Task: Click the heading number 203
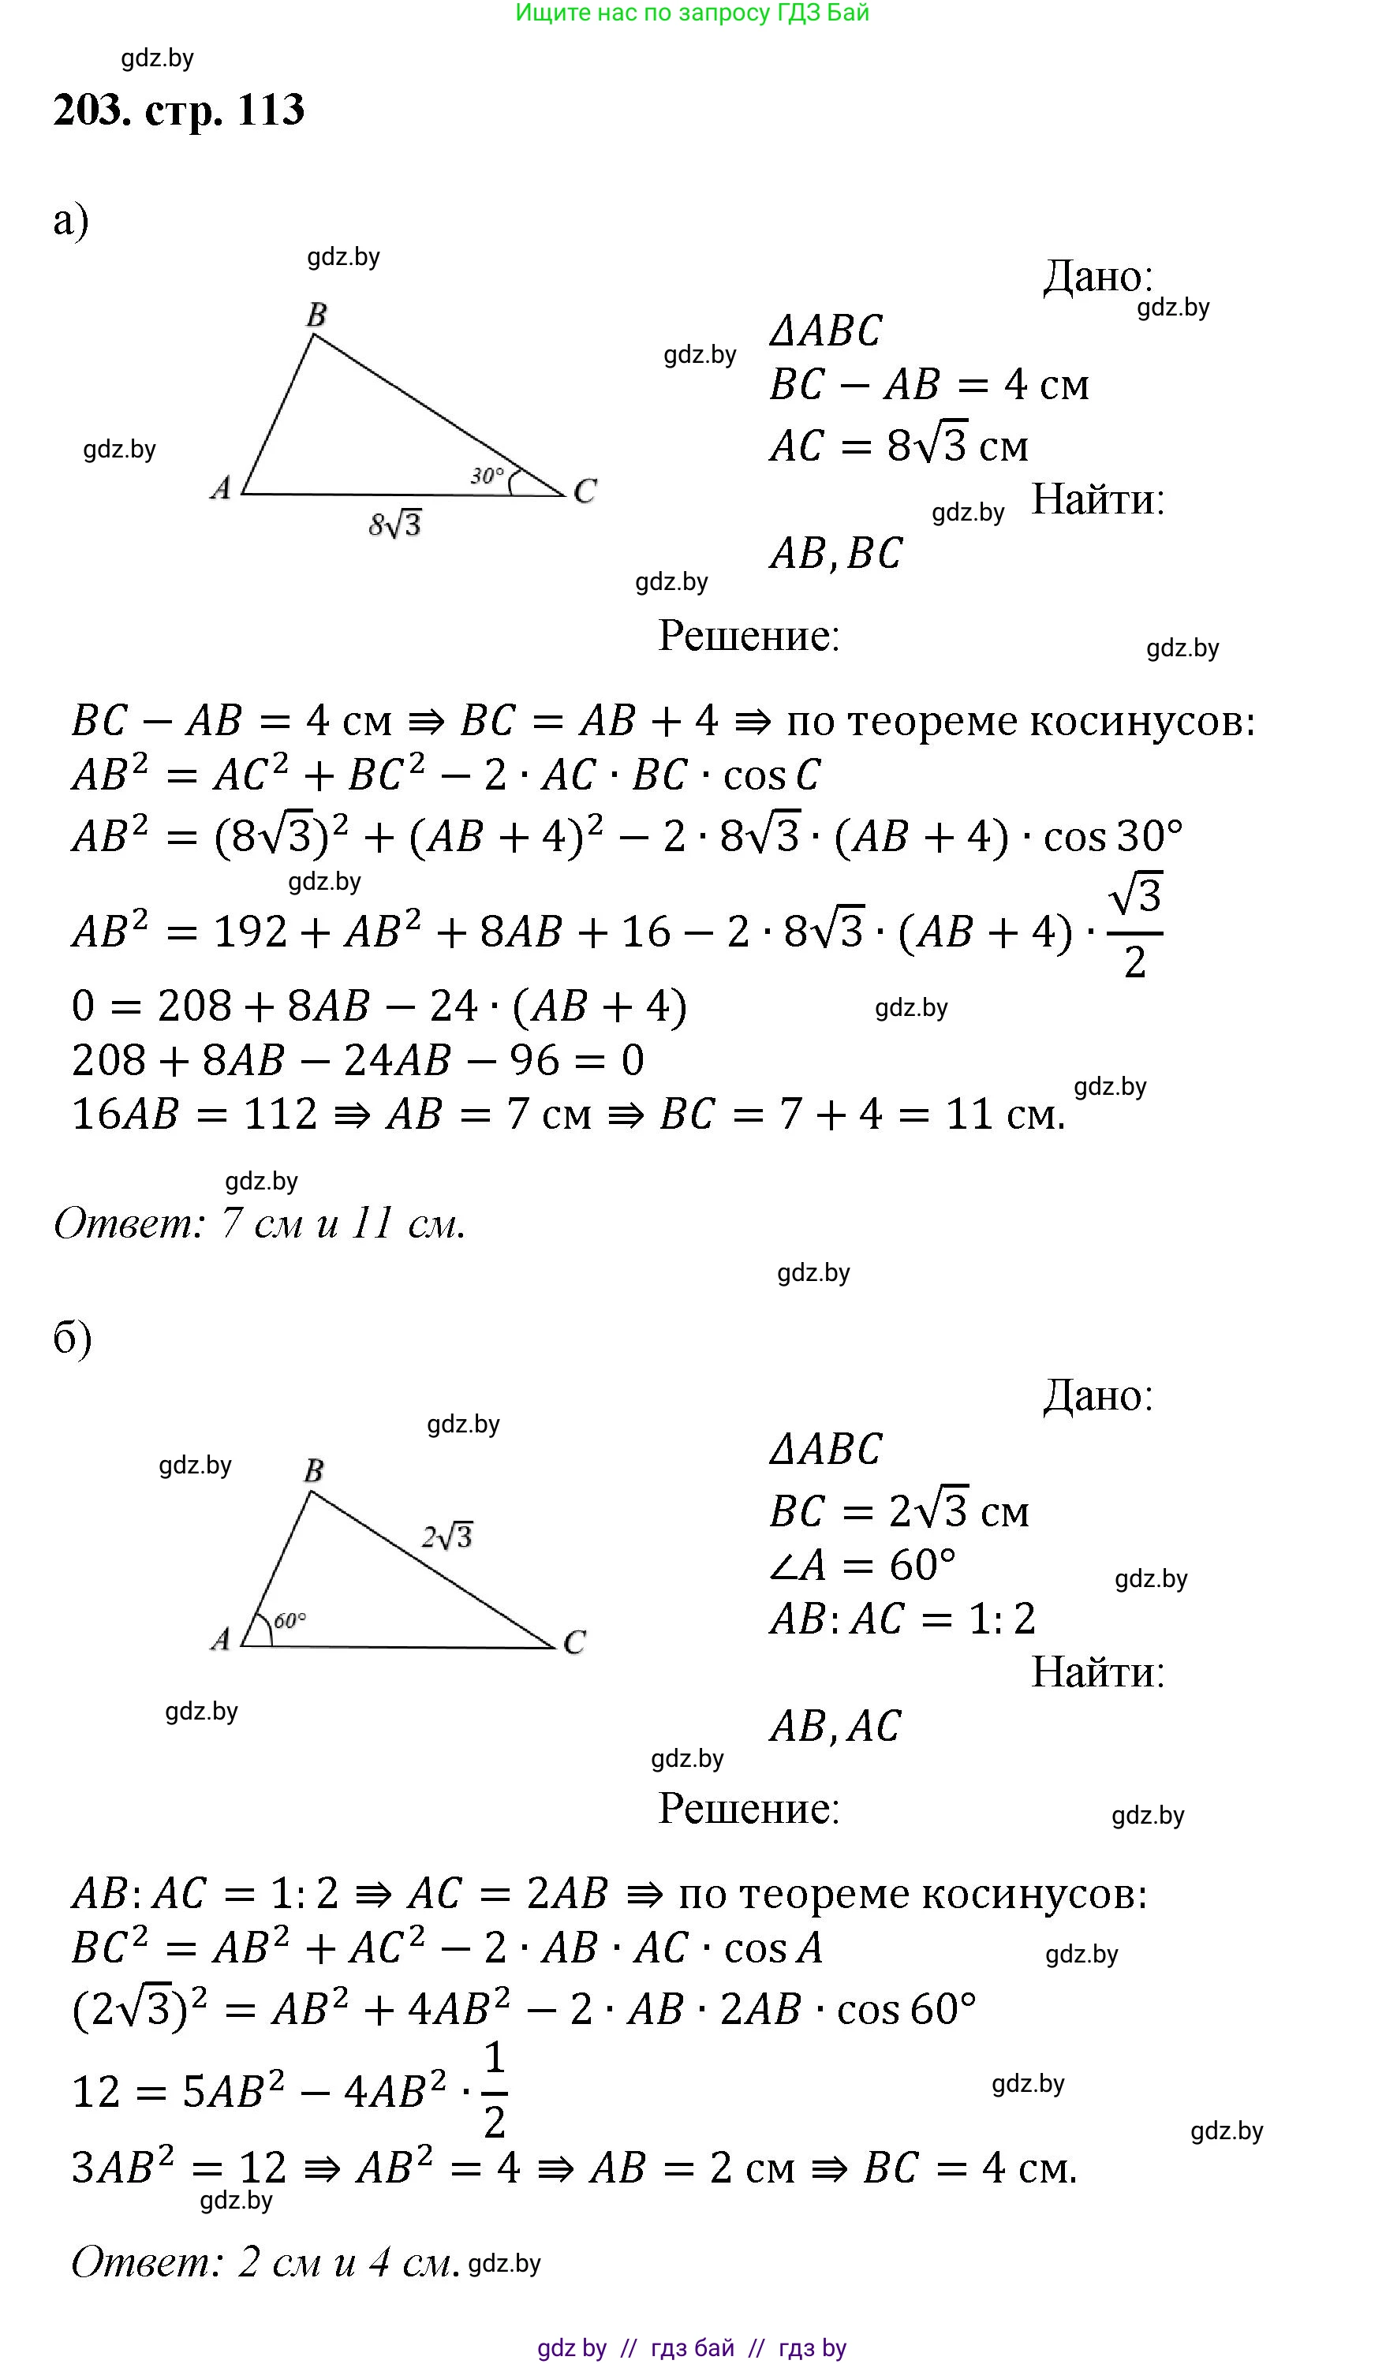point(92,110)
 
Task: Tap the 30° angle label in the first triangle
point(487,476)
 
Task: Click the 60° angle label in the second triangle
point(290,1620)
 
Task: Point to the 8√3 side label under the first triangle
point(395,524)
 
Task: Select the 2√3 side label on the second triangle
point(446,1536)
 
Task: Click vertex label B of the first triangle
point(317,316)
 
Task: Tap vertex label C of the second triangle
point(574,1641)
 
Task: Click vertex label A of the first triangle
point(221,487)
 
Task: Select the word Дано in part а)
point(1096,277)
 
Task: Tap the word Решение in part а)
point(748,636)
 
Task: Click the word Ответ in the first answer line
point(128,1223)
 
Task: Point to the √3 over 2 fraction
point(1135,927)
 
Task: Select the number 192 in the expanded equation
point(249,932)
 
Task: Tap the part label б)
point(73,1338)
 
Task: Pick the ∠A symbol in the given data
point(798,1565)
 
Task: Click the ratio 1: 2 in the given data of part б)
point(1001,1619)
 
